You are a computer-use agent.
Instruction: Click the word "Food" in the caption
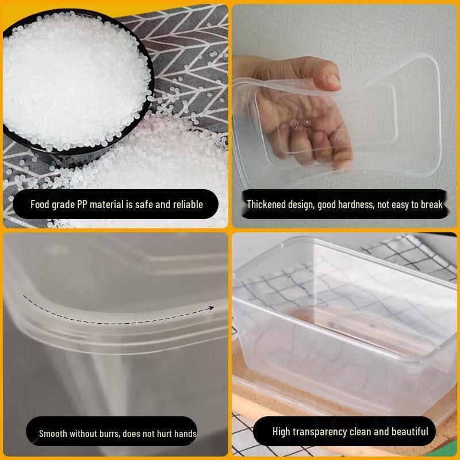click(41, 205)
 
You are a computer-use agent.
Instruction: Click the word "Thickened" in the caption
click(266, 205)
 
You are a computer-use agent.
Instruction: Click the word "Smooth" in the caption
click(53, 434)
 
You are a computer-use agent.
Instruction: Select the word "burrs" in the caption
click(107, 434)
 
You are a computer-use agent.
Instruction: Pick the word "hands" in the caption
click(185, 434)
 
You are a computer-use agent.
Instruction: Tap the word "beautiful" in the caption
click(409, 432)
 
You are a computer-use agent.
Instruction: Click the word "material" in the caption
click(107, 205)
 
